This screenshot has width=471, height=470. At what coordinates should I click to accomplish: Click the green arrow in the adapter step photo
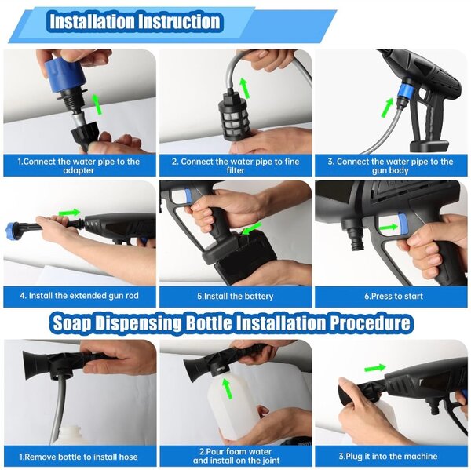97,104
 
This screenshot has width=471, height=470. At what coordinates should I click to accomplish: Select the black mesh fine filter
233,117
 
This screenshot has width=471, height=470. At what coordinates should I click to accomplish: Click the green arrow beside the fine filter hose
245,88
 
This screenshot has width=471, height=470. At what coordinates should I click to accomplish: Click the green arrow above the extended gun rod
69,213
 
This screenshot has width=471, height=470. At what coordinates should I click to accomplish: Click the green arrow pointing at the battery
252,228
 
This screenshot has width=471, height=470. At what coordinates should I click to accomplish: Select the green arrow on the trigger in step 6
389,228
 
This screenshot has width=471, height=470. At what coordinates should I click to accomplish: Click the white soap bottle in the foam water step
233,403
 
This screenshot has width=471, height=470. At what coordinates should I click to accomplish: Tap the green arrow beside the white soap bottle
228,389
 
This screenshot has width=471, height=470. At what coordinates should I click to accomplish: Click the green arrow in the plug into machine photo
375,368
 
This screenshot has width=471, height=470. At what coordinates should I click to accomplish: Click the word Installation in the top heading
91,21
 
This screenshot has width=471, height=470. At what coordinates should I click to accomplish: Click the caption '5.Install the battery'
235,297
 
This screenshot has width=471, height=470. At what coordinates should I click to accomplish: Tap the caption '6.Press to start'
393,297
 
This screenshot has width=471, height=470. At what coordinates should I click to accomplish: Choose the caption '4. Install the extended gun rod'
79,296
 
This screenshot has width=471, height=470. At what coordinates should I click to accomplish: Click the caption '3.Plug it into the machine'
388,457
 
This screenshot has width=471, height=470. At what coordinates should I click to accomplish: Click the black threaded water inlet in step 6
356,237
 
